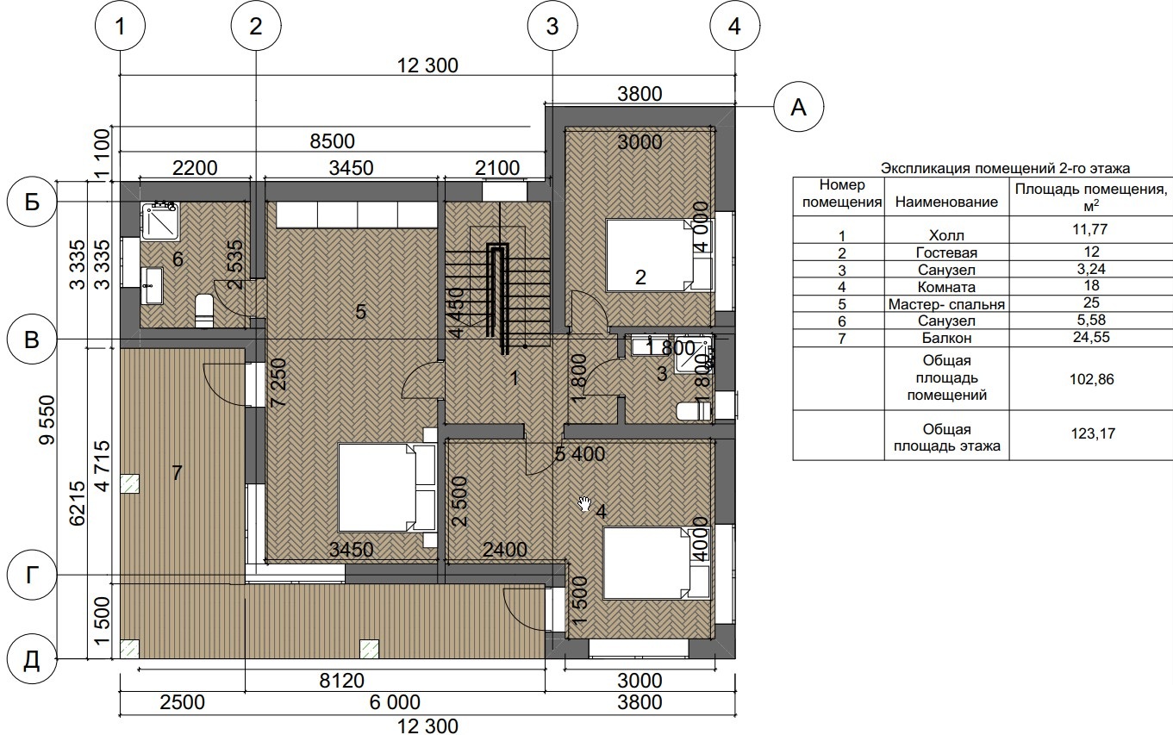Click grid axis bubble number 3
(552, 26)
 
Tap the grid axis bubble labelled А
(799, 108)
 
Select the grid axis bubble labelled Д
(31, 659)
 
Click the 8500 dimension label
(332, 141)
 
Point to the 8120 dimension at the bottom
(341, 681)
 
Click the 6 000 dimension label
(395, 702)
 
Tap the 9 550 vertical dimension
(47, 420)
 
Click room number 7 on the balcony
(177, 473)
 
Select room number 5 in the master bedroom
(360, 312)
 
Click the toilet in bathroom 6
(203, 310)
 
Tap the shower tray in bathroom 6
(159, 221)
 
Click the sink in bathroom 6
(152, 285)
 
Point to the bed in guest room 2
(659, 255)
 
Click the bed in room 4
(657, 563)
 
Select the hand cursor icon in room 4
(584, 504)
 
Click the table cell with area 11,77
(1091, 229)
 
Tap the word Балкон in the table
(946, 338)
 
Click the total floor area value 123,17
(1093, 433)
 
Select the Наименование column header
(946, 202)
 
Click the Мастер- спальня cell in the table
(946, 304)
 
